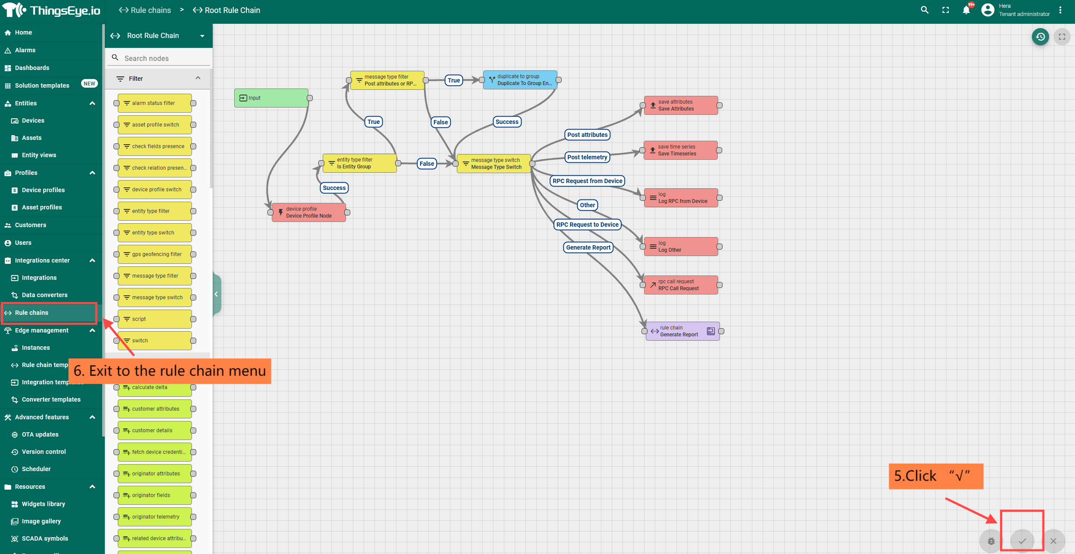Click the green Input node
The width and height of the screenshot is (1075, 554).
[271, 98]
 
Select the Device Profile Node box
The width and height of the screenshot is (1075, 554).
[308, 212]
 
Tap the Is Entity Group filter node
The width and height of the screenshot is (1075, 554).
[359, 163]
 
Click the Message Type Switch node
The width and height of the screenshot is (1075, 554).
[493, 164]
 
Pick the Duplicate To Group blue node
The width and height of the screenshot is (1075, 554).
[520, 80]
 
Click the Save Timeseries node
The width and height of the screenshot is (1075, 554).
[680, 150]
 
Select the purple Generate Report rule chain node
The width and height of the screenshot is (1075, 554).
[682, 331]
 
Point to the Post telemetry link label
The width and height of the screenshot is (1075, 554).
[587, 157]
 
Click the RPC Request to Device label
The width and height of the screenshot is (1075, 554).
[587, 225]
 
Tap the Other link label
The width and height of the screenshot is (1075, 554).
[587, 205]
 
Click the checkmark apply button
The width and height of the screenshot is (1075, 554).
[1022, 541]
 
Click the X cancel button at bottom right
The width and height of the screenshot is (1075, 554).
[1053, 541]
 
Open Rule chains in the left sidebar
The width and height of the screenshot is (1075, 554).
[31, 313]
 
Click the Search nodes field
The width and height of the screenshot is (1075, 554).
[164, 58]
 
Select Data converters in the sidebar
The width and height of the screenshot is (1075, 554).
[44, 295]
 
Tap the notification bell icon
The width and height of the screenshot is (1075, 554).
[966, 10]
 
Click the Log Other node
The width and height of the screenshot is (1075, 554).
[681, 247]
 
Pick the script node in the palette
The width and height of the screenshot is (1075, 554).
[155, 319]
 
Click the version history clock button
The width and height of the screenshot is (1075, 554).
[1040, 37]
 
